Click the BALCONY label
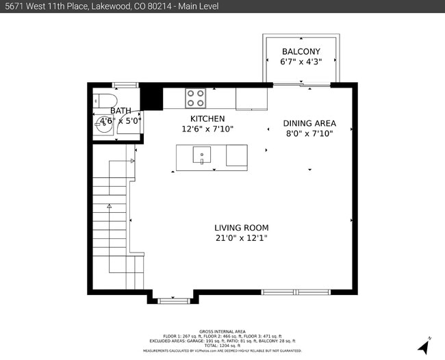tap(301, 51)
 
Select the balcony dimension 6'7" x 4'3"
tap(301, 62)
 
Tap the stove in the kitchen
tap(195, 99)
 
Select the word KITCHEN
tap(207, 118)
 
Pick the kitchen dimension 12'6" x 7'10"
tap(207, 129)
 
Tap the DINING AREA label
tap(309, 124)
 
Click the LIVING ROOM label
tap(241, 228)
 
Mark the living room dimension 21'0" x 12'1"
tap(241, 238)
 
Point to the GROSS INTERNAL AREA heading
tap(222, 331)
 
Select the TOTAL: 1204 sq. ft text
tap(222, 346)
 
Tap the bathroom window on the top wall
tap(124, 85)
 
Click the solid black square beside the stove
tap(151, 97)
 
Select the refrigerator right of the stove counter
tap(252, 99)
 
